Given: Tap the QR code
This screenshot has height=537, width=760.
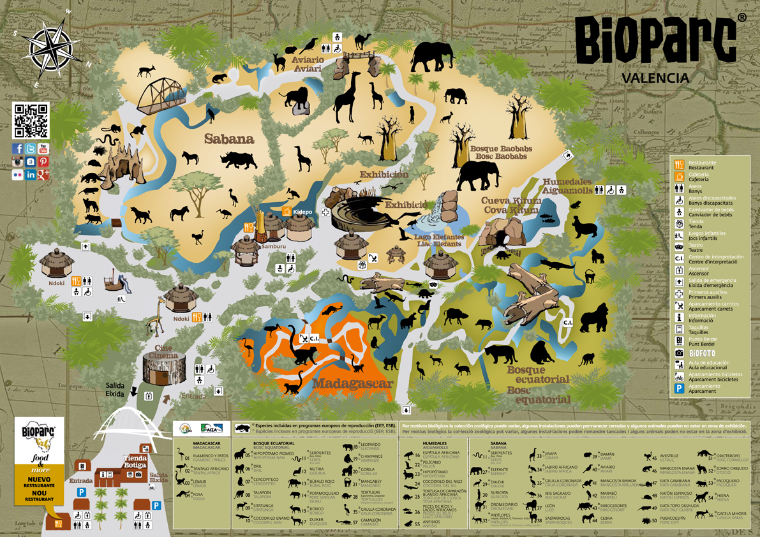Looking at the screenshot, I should click(31, 121).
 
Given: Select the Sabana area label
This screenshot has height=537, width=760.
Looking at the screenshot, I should click(228, 139).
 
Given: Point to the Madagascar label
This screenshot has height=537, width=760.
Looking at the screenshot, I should click(352, 384).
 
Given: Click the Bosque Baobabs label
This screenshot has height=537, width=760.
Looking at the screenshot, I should click(501, 152).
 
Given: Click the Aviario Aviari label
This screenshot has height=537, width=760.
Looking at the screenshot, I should click(308, 64).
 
